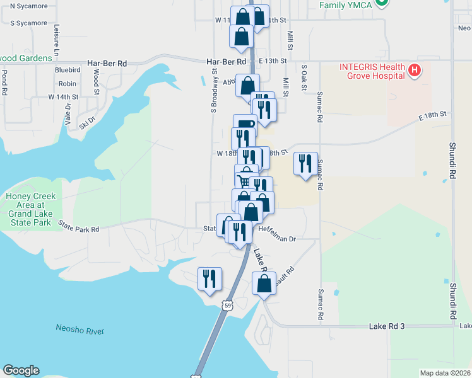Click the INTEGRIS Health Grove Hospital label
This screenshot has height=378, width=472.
[372, 71]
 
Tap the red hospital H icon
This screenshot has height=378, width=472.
[414, 70]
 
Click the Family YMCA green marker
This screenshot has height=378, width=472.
[381, 3]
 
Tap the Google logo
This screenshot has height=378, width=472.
[21, 370]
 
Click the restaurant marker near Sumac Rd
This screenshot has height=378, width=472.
[305, 164]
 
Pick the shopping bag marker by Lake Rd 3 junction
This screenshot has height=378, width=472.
[263, 283]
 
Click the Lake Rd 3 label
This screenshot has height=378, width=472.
[386, 326]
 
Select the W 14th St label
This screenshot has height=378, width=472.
[63, 97]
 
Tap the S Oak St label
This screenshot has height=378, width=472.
[304, 75]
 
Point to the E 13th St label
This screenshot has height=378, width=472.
[272, 61]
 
